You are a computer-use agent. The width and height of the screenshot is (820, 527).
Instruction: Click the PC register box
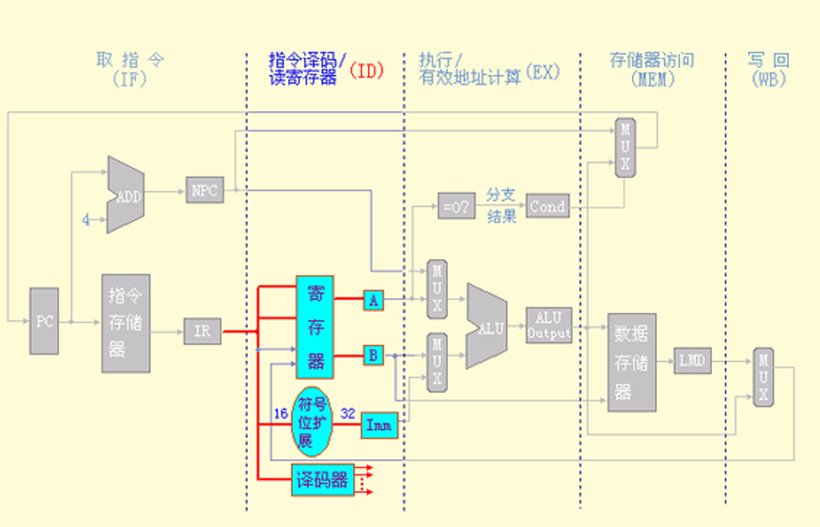pos(45,321)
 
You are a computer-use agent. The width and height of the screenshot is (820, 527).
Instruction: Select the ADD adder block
pos(126,196)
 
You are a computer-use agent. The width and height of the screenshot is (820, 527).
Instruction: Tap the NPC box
pos(204,191)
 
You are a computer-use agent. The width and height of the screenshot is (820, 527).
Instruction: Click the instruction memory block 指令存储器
pos(126,323)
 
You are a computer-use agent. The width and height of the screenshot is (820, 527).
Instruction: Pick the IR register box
pos(202,331)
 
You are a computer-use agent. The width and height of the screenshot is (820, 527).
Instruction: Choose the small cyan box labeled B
pos(373,355)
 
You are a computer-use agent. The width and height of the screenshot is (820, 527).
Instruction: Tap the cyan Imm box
pos(379,425)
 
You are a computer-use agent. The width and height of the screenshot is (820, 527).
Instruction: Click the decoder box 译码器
pos(323,481)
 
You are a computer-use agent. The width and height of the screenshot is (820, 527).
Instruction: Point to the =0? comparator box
pos(455,205)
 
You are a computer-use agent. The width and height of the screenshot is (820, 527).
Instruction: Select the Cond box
pos(547,206)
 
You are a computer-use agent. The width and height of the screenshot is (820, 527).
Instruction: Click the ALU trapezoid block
pos(487,326)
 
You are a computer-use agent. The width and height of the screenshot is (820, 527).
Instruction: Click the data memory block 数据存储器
pos(631,362)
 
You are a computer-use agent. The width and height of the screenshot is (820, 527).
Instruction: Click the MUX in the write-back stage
pos(763,377)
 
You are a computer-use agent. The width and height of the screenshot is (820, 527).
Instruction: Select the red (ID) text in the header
pos(366,71)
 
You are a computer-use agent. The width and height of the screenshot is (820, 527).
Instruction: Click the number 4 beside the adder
pos(86,220)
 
